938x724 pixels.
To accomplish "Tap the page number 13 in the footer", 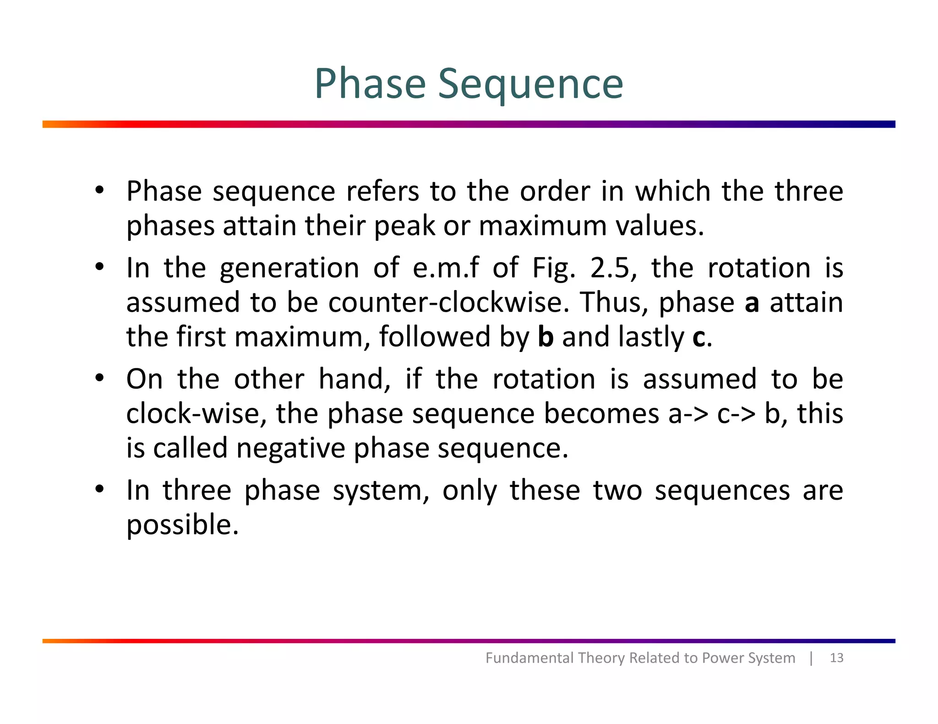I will [836, 658].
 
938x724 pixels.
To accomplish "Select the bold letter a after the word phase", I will [752, 303].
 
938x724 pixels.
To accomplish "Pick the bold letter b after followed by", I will [545, 337].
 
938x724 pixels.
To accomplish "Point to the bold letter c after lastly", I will [699, 338].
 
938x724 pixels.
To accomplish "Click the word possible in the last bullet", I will [182, 525].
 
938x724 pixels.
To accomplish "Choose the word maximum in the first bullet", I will [542, 226].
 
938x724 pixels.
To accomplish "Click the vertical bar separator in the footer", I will [811, 658].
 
